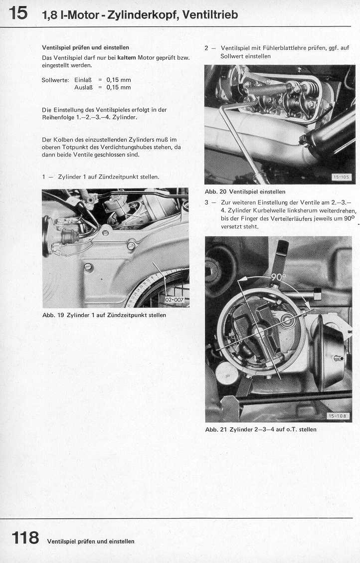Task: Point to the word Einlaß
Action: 83,80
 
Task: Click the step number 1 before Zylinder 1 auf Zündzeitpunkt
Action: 44,177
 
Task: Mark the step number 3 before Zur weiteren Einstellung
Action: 207,203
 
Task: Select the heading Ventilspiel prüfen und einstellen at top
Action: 85,47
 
